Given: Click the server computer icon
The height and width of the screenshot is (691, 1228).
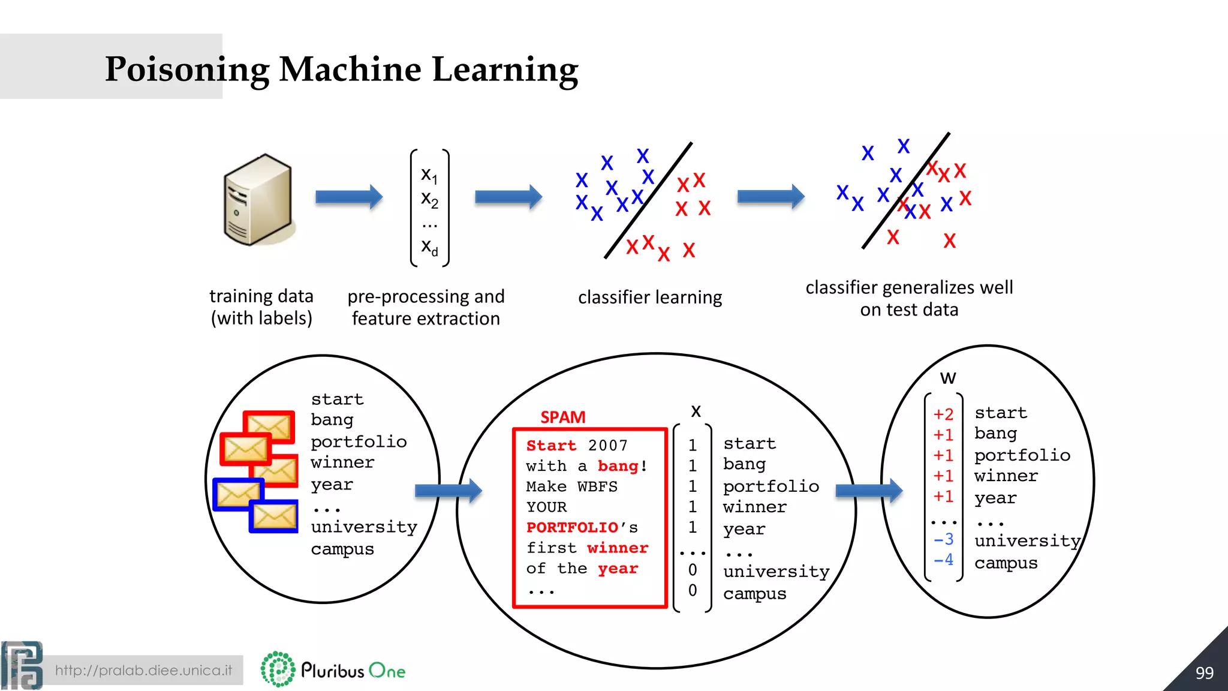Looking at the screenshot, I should pos(258,199).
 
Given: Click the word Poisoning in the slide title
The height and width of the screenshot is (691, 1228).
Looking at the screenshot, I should pos(187,70).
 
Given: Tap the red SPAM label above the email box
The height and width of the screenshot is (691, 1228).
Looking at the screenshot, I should pos(562,417).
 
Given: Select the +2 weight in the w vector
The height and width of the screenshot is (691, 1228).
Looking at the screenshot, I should pos(943,414).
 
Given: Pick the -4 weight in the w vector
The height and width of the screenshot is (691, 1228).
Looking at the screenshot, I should pos(943,560).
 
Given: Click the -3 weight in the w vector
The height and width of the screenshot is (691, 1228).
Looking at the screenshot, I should pos(943,539).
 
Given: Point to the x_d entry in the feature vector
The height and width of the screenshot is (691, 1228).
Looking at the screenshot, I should pos(429,247).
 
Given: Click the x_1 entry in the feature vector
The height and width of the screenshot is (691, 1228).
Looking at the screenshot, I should pos(429,175).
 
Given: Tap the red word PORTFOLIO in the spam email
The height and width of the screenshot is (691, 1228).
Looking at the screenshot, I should pos(572,527).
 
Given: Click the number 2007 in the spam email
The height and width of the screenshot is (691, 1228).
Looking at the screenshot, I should pos(607,446).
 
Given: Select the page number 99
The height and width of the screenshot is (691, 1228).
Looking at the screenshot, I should pos(1204,672).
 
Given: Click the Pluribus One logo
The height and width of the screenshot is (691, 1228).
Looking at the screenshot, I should pos(333,669).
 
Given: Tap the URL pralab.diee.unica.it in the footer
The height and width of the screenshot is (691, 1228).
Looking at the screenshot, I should pos(143,670).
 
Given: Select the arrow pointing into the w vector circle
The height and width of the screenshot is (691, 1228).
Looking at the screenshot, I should pos(868,491).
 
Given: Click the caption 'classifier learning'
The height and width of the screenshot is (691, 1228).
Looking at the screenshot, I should pos(650,298).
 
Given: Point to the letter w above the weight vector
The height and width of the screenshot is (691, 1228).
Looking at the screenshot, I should pos(947,378).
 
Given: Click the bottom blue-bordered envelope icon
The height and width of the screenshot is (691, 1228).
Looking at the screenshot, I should pos(274,516).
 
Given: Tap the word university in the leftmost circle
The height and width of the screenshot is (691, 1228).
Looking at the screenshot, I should pos(363,527).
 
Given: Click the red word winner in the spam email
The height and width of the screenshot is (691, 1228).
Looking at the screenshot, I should pos(618,548).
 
